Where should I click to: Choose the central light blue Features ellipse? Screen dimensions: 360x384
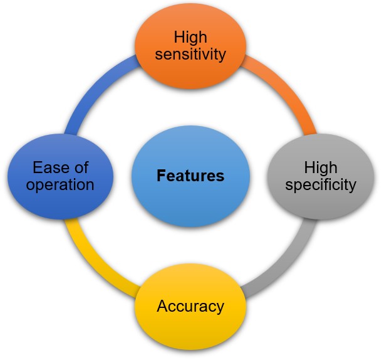point(190,176)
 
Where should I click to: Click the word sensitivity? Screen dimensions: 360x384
point(190,55)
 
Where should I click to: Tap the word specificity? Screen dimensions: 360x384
point(321,185)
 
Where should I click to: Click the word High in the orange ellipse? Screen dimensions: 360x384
point(190,37)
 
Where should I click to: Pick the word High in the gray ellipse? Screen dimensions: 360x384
point(321,167)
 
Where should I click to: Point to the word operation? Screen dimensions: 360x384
point(60,185)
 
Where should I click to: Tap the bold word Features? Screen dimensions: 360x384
point(190,176)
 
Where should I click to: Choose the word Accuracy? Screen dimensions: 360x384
point(190,306)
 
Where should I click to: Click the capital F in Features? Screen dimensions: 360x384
point(161,176)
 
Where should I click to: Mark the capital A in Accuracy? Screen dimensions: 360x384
point(163,306)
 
